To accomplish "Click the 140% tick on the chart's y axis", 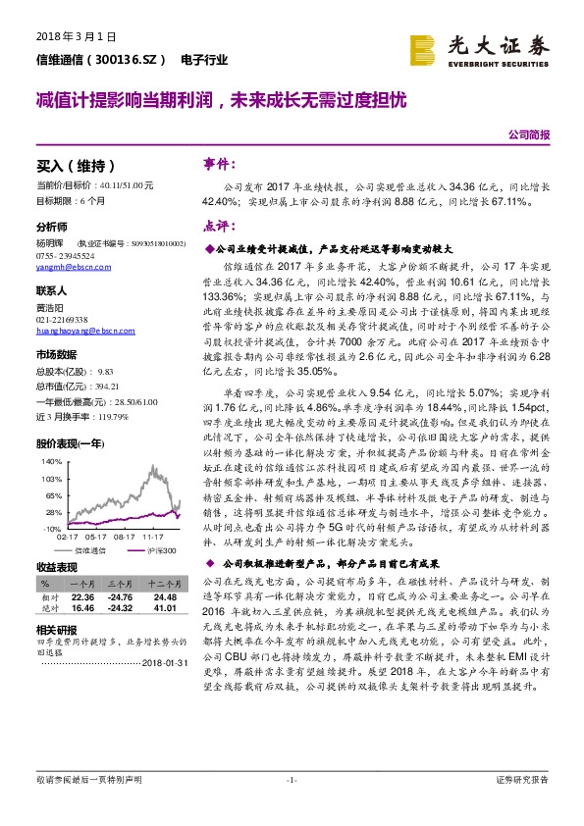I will coord(52,459).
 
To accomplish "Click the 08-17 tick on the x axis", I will coord(125,538).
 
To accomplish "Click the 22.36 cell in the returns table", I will coord(82,597).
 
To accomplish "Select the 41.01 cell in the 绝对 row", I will coord(164,608).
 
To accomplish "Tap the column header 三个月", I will coord(121,582).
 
